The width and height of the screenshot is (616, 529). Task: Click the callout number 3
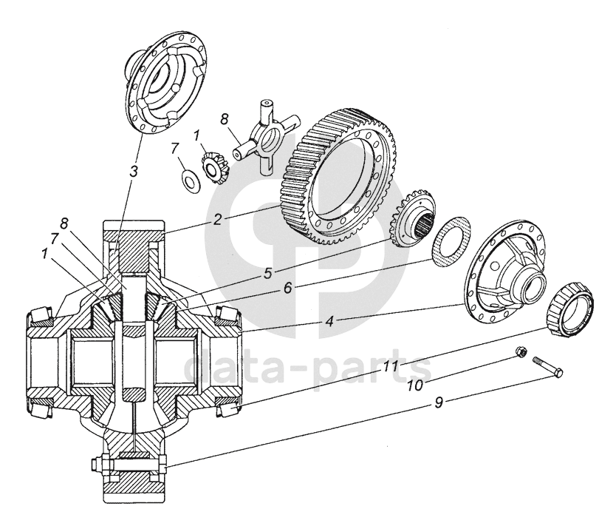(x=134, y=171)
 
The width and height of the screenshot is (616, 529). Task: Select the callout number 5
(x=268, y=273)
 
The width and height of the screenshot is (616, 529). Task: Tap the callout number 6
(x=288, y=288)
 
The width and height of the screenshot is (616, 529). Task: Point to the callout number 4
(x=329, y=322)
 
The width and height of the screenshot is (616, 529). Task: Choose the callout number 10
(x=415, y=385)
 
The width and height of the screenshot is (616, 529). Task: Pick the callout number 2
(x=217, y=219)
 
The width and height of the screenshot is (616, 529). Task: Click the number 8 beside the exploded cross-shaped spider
(x=225, y=119)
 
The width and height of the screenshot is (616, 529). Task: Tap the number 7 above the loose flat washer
(x=175, y=149)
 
